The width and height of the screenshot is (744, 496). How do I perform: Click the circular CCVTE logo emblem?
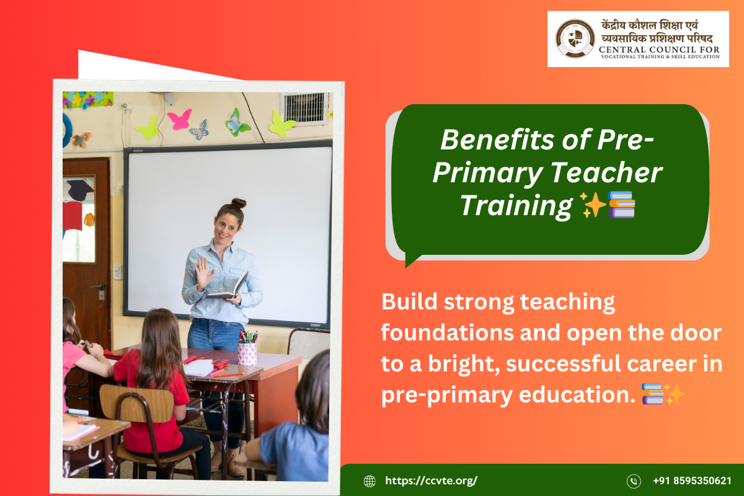click(575, 38)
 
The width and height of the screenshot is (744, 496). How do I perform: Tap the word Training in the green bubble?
click(516, 205)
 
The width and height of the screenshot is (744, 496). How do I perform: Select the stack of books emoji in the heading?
click(622, 205)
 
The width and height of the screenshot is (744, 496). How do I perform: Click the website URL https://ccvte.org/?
click(432, 480)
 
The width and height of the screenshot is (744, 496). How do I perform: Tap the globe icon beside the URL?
click(370, 480)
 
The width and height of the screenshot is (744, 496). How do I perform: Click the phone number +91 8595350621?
click(692, 480)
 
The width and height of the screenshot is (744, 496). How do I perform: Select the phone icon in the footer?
click(634, 480)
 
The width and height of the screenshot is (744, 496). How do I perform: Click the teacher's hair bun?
click(239, 203)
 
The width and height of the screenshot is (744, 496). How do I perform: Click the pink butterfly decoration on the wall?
click(179, 119)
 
